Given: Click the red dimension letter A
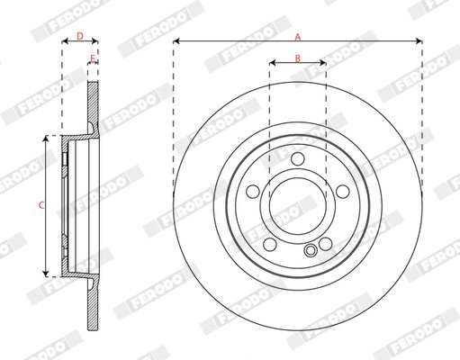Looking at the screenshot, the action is pos(298,37).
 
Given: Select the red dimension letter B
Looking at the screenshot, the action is pos(297,58).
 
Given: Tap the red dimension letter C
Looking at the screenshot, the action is pos(41,205).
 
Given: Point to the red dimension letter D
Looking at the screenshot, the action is pos(80,36).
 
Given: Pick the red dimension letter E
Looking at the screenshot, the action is pos(93,58).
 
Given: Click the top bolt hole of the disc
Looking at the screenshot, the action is pos(298,158).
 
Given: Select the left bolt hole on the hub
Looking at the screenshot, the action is pos(253,192).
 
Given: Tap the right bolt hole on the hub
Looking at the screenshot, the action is pos(343,192).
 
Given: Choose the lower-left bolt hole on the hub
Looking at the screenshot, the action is pos(270,244).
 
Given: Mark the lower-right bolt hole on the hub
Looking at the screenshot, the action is pos(325,244).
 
